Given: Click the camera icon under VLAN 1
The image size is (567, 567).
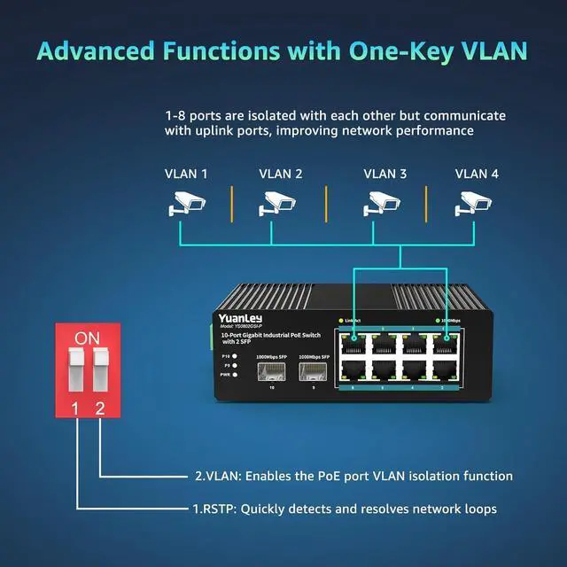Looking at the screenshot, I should [186, 205].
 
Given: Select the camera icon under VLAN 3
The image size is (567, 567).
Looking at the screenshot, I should [383, 205].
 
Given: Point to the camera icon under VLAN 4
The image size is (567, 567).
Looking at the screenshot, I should [473, 205].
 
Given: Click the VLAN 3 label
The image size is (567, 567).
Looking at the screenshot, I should [385, 174].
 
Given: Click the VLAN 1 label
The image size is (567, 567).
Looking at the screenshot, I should [186, 174].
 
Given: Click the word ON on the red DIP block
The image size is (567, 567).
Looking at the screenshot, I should [88, 338].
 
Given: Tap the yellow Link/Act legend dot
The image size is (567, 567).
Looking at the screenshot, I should [340, 319].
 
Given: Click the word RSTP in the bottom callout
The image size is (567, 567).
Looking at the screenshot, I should [218, 509].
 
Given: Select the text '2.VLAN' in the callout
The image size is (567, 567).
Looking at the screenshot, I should [214, 476].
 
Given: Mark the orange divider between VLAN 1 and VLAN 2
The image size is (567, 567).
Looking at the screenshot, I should [232, 205].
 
